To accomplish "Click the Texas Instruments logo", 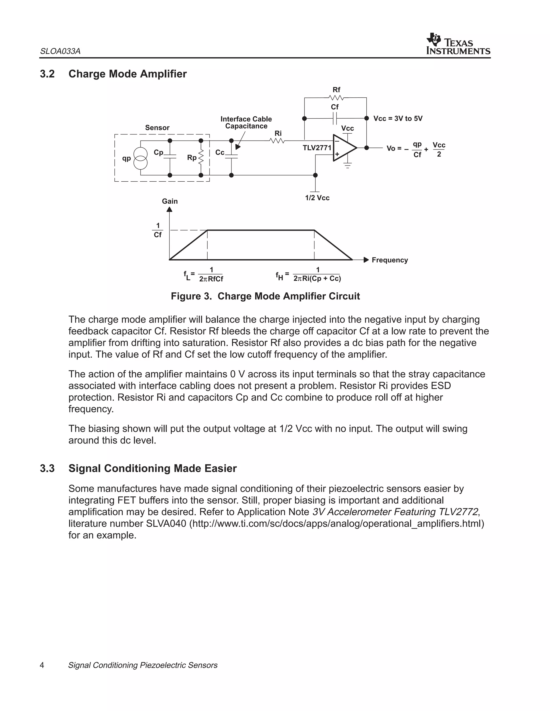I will click(x=458, y=44).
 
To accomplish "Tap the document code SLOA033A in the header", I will click(x=60, y=52).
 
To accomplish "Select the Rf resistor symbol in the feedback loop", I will click(x=336, y=98).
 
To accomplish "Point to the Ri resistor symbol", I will click(x=277, y=141).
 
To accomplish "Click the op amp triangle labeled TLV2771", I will click(x=344, y=148).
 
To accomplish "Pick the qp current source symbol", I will click(x=140, y=158).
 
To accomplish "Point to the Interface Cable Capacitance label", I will click(x=246, y=122).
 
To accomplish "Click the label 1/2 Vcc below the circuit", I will click(x=317, y=198).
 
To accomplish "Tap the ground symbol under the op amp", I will click(x=348, y=166).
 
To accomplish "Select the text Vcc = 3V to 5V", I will click(x=397, y=119).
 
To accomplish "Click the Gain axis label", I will click(x=170, y=201).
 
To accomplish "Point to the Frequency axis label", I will click(x=389, y=260).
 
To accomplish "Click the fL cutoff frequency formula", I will click(x=204, y=274).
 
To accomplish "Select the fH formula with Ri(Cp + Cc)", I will click(x=308, y=274).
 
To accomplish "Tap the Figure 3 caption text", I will click(x=265, y=296).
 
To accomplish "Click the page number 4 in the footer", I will click(x=42, y=665).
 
